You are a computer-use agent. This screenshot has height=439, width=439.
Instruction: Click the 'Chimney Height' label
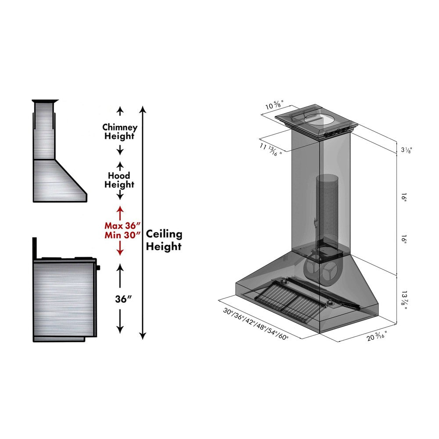[120, 132]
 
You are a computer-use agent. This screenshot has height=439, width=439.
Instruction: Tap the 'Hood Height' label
[119, 180]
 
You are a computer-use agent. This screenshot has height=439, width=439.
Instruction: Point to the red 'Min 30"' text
[120, 235]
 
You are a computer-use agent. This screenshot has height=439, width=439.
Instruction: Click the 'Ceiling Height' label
[164, 240]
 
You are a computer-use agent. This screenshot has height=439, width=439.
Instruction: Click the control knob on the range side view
[98, 267]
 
